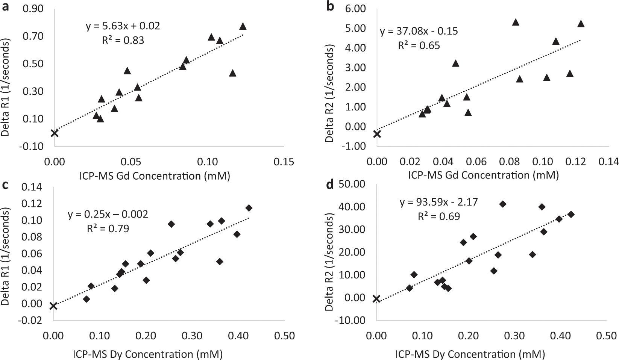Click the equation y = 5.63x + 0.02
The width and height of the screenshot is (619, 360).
[x=123, y=26]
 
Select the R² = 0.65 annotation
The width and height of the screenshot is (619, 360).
[x=419, y=45]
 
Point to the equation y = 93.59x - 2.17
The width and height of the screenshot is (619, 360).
[x=438, y=202]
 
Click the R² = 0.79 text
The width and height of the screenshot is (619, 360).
[x=108, y=228]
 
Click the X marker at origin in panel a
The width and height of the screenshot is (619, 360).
[x=55, y=133]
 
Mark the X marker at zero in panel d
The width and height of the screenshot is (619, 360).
[x=376, y=299]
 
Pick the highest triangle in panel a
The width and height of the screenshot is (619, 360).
[x=243, y=26]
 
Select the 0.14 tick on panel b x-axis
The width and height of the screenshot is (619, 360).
[x=608, y=162]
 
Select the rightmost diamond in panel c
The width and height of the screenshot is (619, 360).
[x=249, y=208]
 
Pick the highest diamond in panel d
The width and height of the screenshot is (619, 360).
[x=502, y=204]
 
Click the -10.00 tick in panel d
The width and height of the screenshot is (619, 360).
[x=353, y=320]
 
